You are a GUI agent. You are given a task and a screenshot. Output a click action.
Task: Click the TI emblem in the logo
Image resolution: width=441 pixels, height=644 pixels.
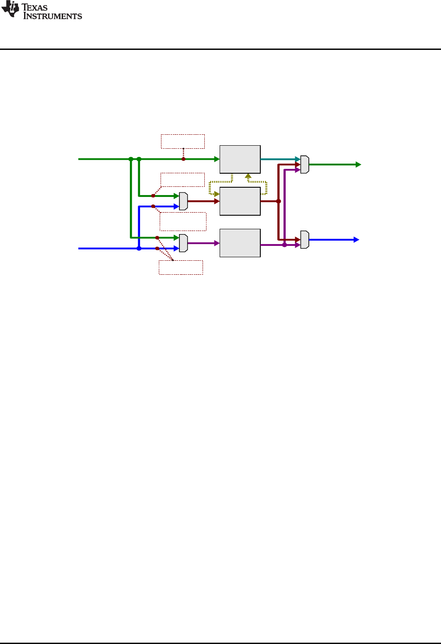(10, 10)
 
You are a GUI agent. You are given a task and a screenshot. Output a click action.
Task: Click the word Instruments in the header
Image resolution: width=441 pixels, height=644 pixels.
(52, 16)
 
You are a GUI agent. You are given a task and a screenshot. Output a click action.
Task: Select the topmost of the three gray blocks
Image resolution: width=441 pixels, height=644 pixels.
(240, 159)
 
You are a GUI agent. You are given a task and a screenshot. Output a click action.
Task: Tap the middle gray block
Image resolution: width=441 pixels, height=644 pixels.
(240, 201)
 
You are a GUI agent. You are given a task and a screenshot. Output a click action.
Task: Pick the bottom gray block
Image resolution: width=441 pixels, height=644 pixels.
(240, 243)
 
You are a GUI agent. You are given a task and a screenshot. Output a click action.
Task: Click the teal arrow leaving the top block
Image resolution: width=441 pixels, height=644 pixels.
(280, 159)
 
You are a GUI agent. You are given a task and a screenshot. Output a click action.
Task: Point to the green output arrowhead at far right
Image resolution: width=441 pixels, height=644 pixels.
(358, 164)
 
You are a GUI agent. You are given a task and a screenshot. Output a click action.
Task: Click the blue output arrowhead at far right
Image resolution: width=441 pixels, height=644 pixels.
(357, 240)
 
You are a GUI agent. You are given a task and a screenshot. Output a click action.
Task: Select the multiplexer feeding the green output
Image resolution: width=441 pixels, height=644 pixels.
(304, 164)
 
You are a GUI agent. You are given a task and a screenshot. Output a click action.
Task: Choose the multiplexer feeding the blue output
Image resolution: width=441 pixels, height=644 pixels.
(304, 240)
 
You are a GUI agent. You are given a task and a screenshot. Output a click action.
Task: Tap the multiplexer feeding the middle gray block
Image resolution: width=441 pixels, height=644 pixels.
(183, 201)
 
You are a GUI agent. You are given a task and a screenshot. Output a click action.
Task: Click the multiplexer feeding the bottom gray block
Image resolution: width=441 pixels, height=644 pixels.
(183, 243)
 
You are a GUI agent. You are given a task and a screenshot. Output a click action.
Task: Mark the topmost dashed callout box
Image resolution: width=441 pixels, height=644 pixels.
(183, 141)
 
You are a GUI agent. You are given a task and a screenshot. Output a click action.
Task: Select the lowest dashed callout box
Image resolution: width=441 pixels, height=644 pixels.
(181, 267)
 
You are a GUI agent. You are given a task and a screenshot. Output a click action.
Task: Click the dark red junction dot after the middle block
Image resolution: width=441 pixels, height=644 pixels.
(278, 201)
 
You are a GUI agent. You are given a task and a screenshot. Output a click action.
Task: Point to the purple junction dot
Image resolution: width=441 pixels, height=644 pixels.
(284, 245)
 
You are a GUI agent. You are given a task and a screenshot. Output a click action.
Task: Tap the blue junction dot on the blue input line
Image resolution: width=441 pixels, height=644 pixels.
(139, 248)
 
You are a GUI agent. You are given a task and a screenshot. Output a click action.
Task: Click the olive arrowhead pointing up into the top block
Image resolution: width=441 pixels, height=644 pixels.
(248, 176)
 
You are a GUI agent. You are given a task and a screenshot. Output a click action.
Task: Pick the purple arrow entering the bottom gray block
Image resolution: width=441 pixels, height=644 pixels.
(204, 243)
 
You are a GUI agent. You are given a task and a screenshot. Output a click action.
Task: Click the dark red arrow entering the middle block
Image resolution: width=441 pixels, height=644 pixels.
(204, 201)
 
